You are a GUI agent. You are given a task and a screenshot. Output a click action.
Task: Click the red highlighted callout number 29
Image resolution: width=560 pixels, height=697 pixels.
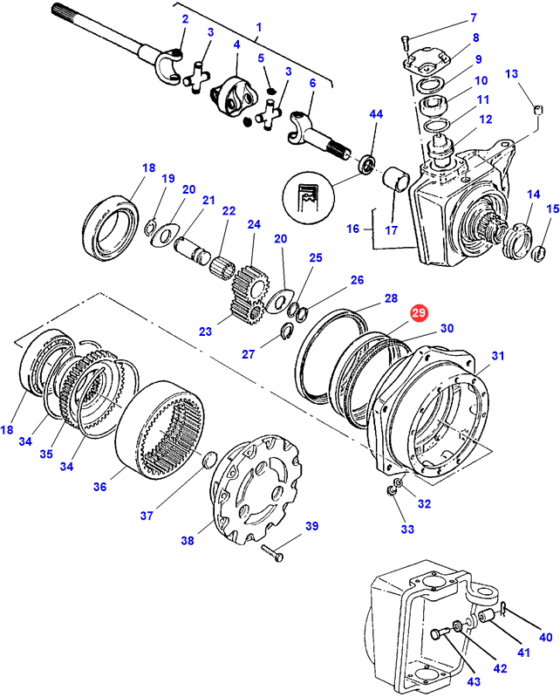pyautogui.click(x=420, y=312)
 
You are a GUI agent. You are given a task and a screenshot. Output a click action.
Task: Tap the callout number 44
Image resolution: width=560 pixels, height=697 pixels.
pyautogui.click(x=376, y=115)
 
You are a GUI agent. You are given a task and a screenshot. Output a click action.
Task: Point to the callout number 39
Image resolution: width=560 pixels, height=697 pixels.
pyautogui.click(x=311, y=527)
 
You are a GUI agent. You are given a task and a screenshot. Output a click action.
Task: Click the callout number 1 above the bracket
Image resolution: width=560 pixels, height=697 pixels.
pyautogui.click(x=258, y=27)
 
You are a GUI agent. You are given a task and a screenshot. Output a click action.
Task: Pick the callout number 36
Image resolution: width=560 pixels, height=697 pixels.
pyautogui.click(x=99, y=486)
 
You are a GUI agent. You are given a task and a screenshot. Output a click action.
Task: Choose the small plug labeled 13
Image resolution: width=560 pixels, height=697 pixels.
pyautogui.click(x=539, y=111)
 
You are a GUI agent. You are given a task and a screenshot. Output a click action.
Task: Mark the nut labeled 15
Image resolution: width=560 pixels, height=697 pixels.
pyautogui.click(x=540, y=254)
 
